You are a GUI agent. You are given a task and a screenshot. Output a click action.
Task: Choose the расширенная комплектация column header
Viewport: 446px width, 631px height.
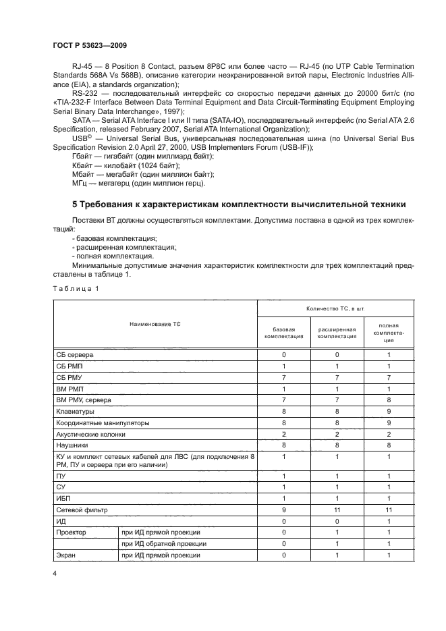(x=337, y=331)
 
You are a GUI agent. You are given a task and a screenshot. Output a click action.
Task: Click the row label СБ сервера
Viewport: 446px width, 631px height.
(x=76, y=354)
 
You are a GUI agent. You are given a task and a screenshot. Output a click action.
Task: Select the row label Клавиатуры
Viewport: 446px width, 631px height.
(x=75, y=410)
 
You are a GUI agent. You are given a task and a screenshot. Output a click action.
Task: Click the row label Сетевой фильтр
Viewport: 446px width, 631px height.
(x=82, y=510)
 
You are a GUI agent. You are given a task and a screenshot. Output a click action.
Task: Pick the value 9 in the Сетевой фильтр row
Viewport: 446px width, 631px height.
(x=284, y=510)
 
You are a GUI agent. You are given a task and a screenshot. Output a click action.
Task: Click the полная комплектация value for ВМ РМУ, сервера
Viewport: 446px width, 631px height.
(x=389, y=400)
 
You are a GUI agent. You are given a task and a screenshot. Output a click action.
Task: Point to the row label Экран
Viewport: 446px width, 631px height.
(x=67, y=555)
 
